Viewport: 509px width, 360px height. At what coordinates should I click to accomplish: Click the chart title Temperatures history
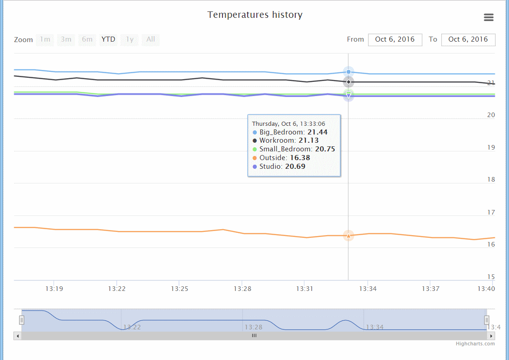[x=254, y=15]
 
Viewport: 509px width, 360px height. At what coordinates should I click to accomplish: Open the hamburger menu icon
[x=488, y=17]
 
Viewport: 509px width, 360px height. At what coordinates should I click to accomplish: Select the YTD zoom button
[x=108, y=39]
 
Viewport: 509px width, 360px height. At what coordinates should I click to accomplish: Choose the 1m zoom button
[x=45, y=39]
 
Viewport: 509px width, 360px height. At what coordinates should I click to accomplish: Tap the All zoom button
[x=151, y=39]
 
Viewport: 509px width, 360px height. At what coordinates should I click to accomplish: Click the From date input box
[x=395, y=39]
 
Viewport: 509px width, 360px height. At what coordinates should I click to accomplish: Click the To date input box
[x=468, y=39]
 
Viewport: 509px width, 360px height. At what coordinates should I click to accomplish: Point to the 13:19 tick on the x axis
[x=54, y=289]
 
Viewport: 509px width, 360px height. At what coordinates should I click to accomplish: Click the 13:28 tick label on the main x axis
[x=242, y=289]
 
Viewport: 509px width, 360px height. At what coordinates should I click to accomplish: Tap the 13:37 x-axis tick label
[x=430, y=289]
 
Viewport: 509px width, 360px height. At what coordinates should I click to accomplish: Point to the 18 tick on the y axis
[x=491, y=179]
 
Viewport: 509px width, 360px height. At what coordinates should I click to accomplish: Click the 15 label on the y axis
[x=491, y=277]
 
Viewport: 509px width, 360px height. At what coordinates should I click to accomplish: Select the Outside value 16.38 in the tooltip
[x=300, y=158]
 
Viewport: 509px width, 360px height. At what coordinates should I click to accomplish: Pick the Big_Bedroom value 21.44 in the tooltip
[x=317, y=132]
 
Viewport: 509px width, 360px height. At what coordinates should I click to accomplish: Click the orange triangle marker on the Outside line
[x=348, y=236]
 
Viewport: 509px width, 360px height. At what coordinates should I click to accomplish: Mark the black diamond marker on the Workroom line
[x=348, y=82]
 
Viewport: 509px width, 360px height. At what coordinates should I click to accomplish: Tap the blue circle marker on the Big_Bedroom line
[x=348, y=72]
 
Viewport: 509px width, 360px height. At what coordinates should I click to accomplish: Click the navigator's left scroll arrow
[x=17, y=336]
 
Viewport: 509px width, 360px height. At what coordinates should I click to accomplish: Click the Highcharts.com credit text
[x=475, y=344]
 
